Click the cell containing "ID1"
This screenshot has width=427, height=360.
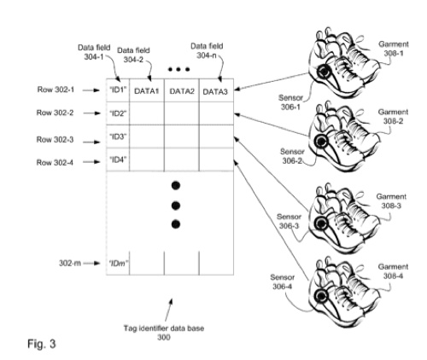pyautogui.click(x=118, y=90)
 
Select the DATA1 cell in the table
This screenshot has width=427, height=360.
pyautogui.click(x=147, y=90)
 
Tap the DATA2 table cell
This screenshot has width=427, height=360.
pyautogui.click(x=182, y=90)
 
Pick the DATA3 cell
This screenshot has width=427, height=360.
pyautogui.click(x=216, y=90)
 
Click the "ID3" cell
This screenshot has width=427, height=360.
pyautogui.click(x=118, y=136)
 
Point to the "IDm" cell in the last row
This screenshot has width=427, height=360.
pyautogui.click(x=118, y=264)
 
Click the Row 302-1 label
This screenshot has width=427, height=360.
pyautogui.click(x=56, y=90)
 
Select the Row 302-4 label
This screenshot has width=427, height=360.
pyautogui.click(x=55, y=162)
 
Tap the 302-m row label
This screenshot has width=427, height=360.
pyautogui.click(x=70, y=264)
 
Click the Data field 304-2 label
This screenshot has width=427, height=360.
pyautogui.click(x=133, y=55)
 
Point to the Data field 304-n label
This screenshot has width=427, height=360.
pyautogui.click(x=207, y=50)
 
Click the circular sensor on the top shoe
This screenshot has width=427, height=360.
pyautogui.click(x=324, y=72)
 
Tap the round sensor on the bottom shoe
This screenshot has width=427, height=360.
pyautogui.click(x=321, y=297)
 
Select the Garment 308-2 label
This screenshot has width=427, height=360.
pyautogui.click(x=393, y=117)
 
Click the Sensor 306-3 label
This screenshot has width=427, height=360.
pyautogui.click(x=289, y=221)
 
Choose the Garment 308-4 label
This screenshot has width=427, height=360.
pyautogui.click(x=393, y=271)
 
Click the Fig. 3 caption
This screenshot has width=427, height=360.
pyautogui.click(x=42, y=344)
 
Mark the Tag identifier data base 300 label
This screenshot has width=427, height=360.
pyautogui.click(x=164, y=333)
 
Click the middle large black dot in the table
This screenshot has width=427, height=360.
pyautogui.click(x=176, y=206)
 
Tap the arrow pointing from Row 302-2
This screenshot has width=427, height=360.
pyautogui.click(x=91, y=113)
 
